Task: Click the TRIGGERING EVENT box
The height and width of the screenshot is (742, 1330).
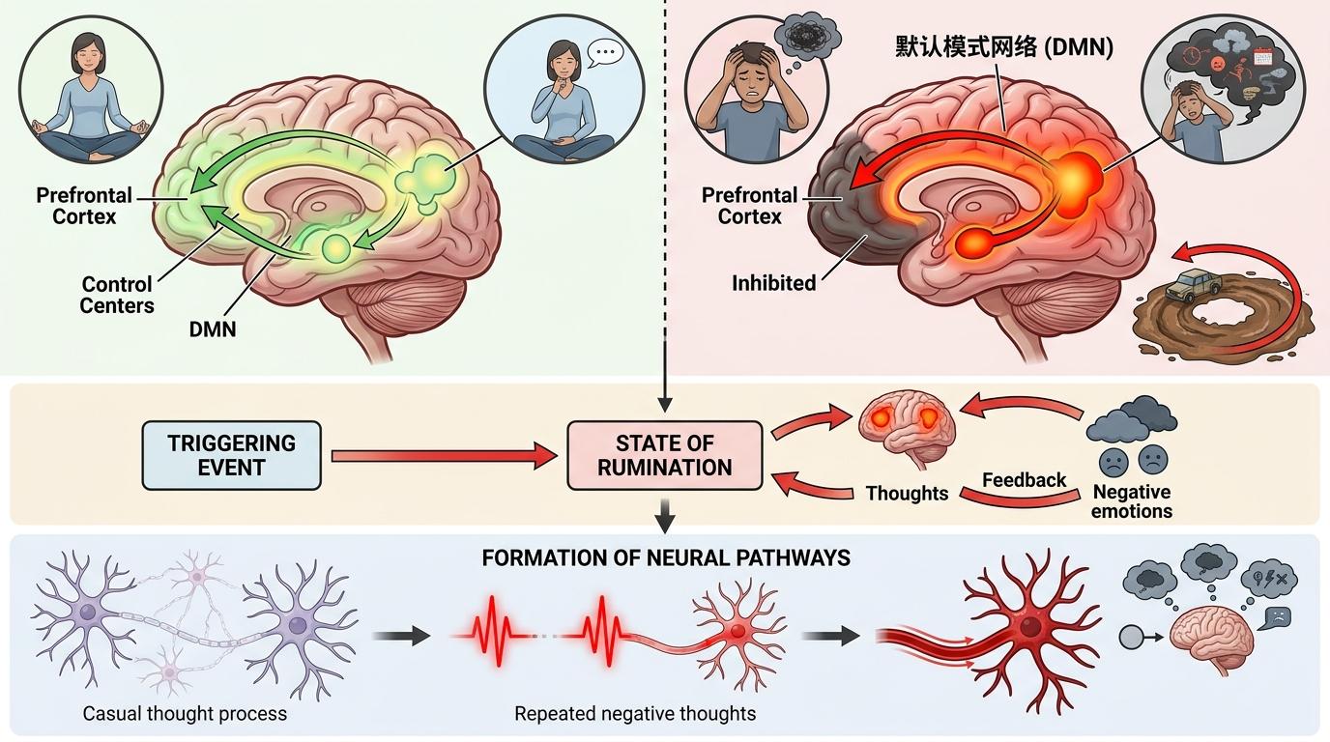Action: coord(232,455)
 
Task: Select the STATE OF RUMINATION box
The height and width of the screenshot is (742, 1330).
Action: coord(664,455)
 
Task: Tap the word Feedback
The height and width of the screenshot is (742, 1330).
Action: coord(1024,479)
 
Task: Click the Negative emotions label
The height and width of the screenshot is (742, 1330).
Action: coord(1131,501)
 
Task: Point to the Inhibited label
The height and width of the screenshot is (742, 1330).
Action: coord(774,283)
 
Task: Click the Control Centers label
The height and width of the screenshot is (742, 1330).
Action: coord(117,295)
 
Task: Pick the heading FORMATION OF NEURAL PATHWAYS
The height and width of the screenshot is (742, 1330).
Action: coord(664,557)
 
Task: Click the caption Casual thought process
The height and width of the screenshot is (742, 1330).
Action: coord(185,714)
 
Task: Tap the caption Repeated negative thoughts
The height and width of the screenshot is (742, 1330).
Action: coord(635,714)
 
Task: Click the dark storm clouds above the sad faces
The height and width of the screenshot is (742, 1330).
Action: coord(1132,418)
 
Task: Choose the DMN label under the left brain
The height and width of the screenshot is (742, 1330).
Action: coord(214,329)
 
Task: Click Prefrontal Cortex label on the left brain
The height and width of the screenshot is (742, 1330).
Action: coord(84,206)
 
